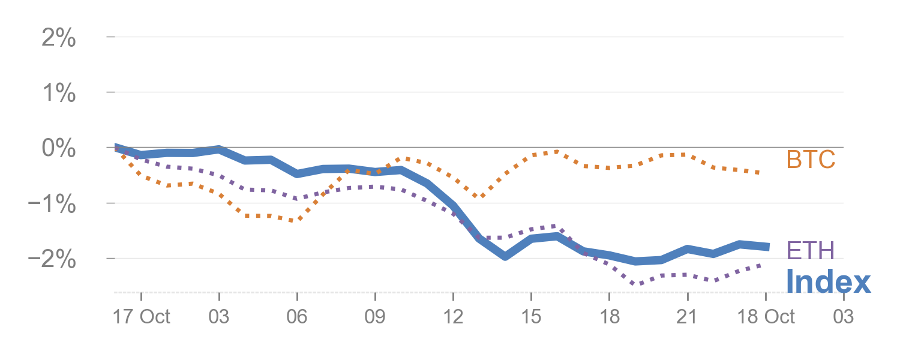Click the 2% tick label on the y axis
(58, 39)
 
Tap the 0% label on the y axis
(58, 148)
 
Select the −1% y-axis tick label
(52, 204)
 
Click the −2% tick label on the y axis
(52, 259)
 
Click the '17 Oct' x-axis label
(142, 316)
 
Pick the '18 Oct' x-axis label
(766, 316)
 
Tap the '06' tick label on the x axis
(297, 316)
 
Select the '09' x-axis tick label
(375, 316)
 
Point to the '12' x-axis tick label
(453, 316)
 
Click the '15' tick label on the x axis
(531, 316)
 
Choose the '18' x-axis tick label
(609, 316)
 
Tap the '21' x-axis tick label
(687, 316)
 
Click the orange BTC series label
(811, 160)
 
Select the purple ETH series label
(810, 250)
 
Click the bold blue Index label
(828, 281)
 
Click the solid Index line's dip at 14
(505, 257)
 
